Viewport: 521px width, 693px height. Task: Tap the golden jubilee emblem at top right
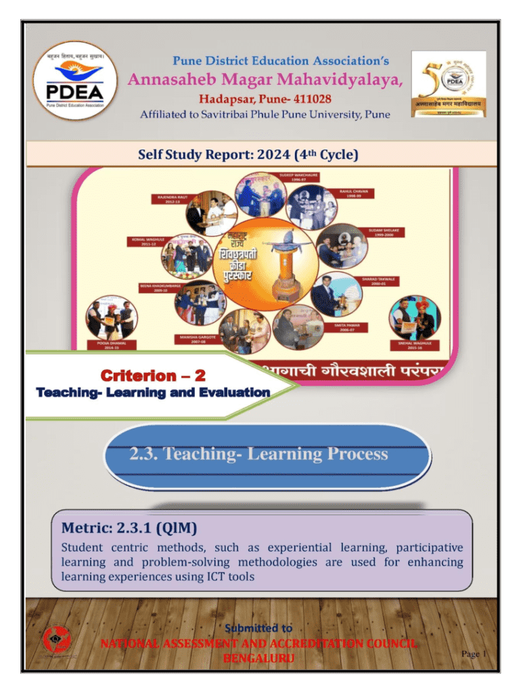(x=449, y=83)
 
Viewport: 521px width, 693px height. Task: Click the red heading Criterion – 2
(x=152, y=375)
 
